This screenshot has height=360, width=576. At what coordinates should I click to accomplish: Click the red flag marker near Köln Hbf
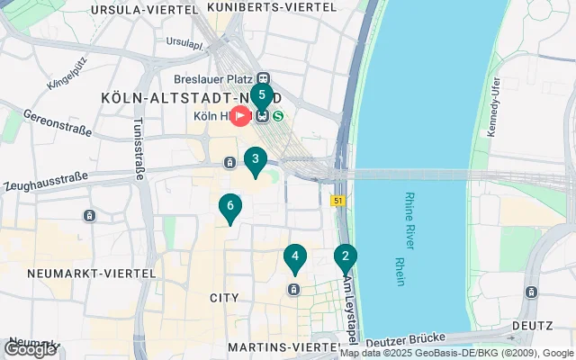click(240, 116)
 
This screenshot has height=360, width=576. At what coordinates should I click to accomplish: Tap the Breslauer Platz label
click(219, 78)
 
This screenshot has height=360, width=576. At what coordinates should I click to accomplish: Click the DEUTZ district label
click(532, 325)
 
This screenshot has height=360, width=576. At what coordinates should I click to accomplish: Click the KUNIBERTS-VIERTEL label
click(272, 6)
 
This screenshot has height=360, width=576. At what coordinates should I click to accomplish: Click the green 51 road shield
click(338, 201)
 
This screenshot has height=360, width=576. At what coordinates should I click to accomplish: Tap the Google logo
click(30, 349)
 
